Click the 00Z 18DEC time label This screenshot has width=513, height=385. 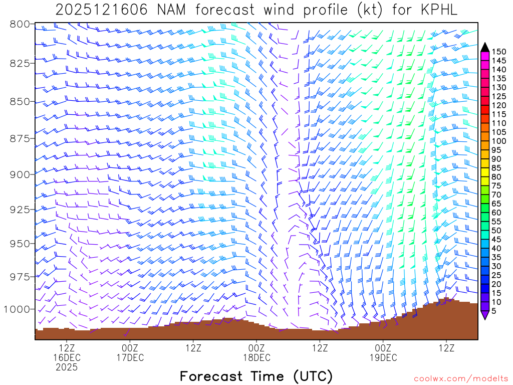pyautogui.click(x=256, y=352)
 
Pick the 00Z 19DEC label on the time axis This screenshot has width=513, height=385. pyautogui.click(x=383, y=352)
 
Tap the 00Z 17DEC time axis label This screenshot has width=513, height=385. pyautogui.click(x=130, y=352)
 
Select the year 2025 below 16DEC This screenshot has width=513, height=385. pyautogui.click(x=67, y=367)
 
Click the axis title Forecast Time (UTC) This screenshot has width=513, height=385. pyautogui.click(x=256, y=376)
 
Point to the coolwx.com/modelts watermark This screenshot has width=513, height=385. pyautogui.click(x=460, y=377)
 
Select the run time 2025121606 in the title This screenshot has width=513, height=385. pyautogui.click(x=101, y=10)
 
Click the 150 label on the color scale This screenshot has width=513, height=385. pyautogui.click(x=498, y=52)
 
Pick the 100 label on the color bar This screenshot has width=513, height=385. pyautogui.click(x=498, y=141)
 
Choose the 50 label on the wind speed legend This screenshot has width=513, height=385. pyautogui.click(x=496, y=231)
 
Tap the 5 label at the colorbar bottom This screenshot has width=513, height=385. pyautogui.click(x=494, y=311)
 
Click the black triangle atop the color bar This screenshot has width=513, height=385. pyautogui.click(x=485, y=47)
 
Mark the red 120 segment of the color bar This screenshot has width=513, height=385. pyautogui.click(x=485, y=106)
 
